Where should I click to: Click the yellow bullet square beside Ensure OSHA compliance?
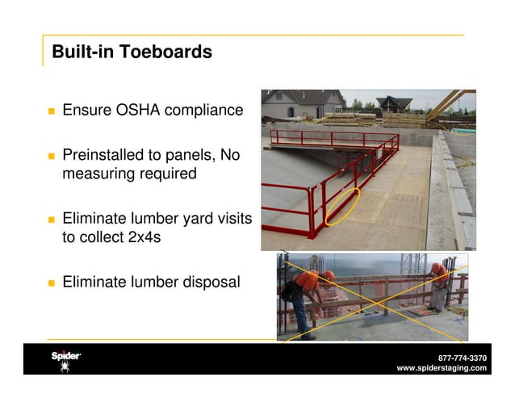50,110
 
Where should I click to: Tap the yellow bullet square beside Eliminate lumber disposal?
50,283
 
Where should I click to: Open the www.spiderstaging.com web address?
442,368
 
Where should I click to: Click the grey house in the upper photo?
295,104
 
